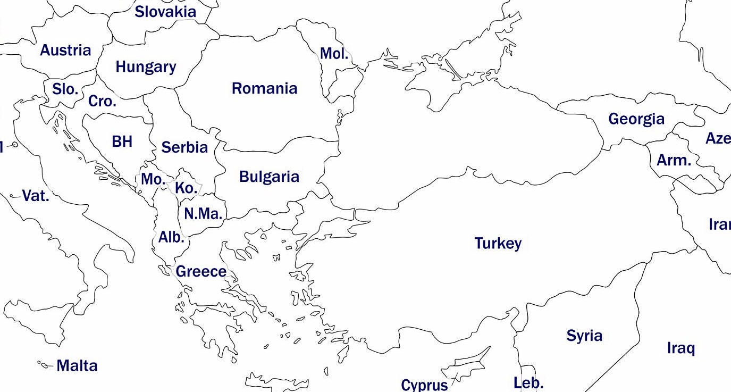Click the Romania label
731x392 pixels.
coord(264,88)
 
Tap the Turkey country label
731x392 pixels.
coord(498,244)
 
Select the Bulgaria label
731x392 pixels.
coord(269,177)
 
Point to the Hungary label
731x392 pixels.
coord(146,67)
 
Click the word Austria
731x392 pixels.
coord(65,51)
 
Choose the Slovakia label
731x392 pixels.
coord(165,12)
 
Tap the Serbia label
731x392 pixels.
coord(184,147)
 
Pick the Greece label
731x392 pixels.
coord(201,272)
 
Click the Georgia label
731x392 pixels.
coord(636,119)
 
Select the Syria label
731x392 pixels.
coord(584,336)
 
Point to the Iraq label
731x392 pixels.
coord(680,349)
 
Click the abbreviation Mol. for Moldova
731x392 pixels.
coord(334,54)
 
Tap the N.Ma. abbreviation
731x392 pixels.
coord(203,214)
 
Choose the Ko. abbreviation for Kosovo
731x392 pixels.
coord(186,188)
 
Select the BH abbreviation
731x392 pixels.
coord(122,141)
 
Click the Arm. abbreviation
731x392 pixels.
coord(674,160)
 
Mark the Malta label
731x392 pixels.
coord(77,366)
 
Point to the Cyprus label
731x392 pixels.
coord(424,385)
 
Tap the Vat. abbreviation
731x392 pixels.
coord(36,196)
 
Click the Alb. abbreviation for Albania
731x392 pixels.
coord(171,237)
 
